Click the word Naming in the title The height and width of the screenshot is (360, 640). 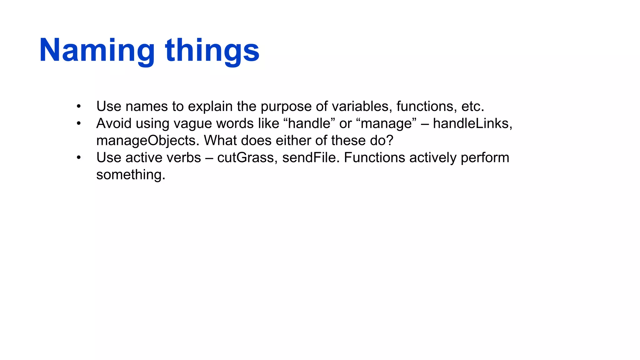[97, 51]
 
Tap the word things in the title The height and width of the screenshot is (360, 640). [212, 51]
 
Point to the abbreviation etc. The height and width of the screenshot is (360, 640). [472, 107]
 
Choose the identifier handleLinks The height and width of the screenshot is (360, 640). [472, 123]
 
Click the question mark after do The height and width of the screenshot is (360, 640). [390, 141]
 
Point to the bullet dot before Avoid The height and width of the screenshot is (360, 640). [79, 124]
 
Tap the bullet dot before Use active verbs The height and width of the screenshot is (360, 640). [79, 158]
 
